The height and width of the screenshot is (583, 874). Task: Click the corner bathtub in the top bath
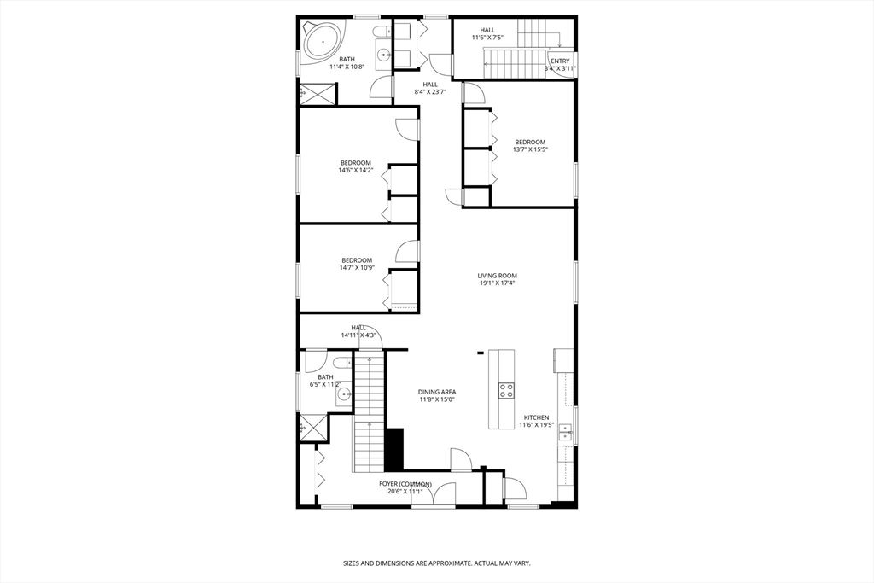coord(322,38)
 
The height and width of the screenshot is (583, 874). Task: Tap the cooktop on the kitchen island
coord(506,390)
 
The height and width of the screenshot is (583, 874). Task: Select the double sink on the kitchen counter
coord(565,436)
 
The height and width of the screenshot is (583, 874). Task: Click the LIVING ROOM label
coord(498,276)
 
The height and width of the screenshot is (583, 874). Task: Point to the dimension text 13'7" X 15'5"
coord(529,149)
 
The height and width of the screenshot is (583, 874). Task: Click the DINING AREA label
coord(436,392)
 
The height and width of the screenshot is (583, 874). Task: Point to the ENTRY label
coord(560,61)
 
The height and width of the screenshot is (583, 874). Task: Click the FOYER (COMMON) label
coord(405,484)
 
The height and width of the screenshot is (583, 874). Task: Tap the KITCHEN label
coord(537,417)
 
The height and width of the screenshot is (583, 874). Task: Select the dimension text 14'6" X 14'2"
coord(356,170)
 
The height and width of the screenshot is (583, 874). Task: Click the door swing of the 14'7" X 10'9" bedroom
coord(407,252)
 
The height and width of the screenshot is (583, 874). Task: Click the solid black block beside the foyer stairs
coord(393,449)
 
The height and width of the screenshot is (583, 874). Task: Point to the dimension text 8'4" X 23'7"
coord(430,92)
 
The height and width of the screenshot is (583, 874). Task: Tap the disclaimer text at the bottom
coord(436,563)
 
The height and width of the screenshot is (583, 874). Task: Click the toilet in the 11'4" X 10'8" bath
coord(404,32)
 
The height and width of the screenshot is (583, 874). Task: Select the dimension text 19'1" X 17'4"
coord(498,283)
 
